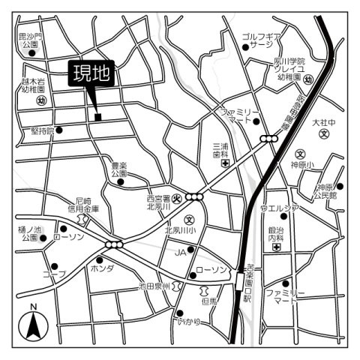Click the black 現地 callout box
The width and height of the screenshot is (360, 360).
click(91, 73)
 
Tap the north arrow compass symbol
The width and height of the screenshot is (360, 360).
click(34, 324)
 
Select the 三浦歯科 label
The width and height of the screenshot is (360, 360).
click(220, 150)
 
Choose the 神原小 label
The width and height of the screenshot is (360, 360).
click(305, 163)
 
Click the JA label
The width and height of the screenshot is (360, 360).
click(180, 253)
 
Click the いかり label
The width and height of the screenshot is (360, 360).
click(188, 322)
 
